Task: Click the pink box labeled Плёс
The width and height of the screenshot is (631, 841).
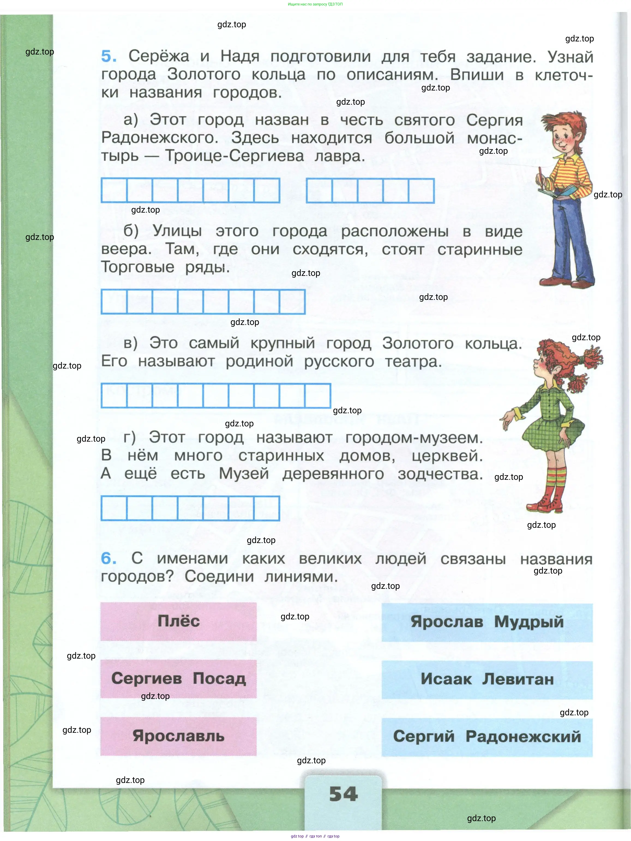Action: tap(178, 621)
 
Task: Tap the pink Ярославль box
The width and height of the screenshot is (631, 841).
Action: tap(178, 736)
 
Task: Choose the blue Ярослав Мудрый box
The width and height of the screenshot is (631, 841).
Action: tap(487, 622)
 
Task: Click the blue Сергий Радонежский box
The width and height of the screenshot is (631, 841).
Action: tap(487, 737)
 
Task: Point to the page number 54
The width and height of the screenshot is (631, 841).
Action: tap(344, 794)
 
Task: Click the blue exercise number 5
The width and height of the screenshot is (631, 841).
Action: tap(109, 56)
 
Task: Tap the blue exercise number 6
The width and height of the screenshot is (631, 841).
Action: tap(109, 559)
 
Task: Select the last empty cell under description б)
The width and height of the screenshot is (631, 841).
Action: tap(292, 302)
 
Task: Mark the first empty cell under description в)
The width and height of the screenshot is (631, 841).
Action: tap(114, 396)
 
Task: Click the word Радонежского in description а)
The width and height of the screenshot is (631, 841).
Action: tap(160, 138)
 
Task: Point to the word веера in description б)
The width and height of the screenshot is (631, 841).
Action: tap(125, 249)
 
